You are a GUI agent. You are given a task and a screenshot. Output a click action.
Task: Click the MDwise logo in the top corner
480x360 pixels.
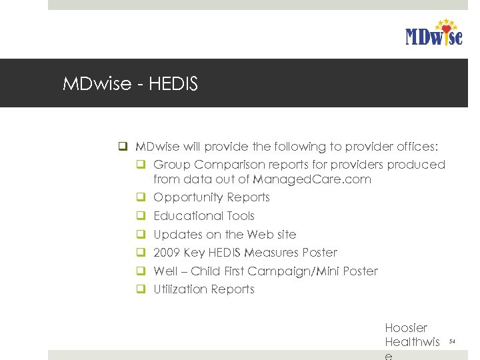(x=433, y=33)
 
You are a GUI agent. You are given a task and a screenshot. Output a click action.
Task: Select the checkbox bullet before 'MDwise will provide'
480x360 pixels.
(x=123, y=147)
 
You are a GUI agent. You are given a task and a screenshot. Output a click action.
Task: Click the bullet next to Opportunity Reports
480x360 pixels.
(x=141, y=197)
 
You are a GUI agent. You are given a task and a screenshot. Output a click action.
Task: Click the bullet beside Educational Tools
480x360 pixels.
(x=141, y=216)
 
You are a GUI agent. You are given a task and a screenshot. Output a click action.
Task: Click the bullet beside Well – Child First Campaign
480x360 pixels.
(x=141, y=271)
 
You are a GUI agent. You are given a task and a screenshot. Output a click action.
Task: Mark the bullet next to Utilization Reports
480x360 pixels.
(x=141, y=289)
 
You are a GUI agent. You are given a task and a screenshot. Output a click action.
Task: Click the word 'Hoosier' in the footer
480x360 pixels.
(x=406, y=328)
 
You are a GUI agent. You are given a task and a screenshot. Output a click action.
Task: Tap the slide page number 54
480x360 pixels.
(x=451, y=341)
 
